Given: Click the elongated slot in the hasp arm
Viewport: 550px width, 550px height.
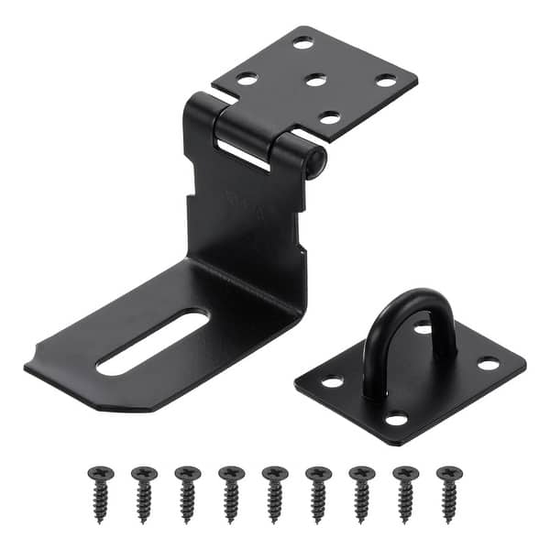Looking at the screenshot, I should (152, 343).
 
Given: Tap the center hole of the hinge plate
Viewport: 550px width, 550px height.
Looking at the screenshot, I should (315, 81).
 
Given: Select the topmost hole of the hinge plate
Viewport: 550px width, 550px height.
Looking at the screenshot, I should (302, 42).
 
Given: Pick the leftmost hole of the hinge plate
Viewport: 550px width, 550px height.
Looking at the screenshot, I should (247, 80).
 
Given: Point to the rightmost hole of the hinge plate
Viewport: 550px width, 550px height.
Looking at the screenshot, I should (386, 81).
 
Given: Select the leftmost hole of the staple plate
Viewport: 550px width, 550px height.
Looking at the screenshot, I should (332, 379).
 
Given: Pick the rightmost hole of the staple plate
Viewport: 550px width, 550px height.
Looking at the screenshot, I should (488, 364).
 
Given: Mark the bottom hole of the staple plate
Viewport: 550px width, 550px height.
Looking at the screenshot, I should (396, 419).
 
